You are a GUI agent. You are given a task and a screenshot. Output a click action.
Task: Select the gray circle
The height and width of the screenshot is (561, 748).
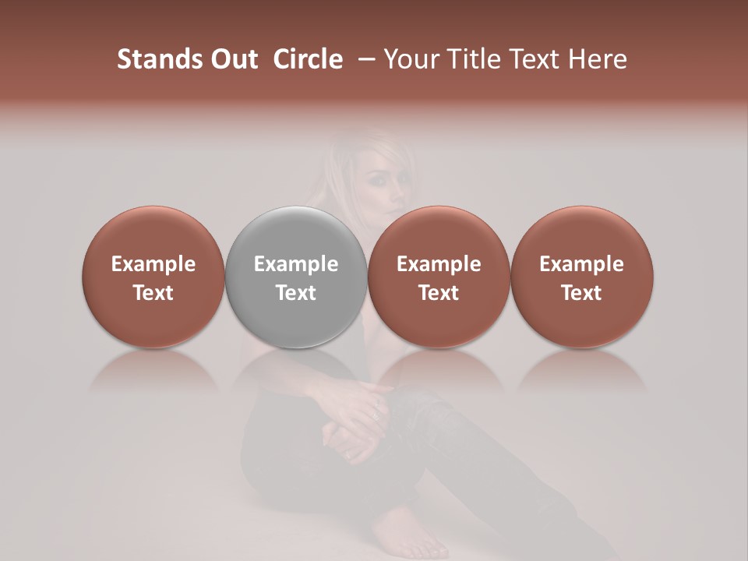click(x=296, y=277)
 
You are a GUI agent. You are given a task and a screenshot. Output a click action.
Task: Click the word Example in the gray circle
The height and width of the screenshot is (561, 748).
click(x=296, y=264)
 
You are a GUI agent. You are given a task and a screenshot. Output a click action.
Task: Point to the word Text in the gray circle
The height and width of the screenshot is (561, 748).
click(x=296, y=293)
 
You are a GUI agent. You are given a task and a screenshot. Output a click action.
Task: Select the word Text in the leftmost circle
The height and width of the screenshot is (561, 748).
click(x=153, y=293)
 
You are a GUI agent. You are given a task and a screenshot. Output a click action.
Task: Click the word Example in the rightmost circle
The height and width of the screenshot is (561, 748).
click(x=581, y=264)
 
